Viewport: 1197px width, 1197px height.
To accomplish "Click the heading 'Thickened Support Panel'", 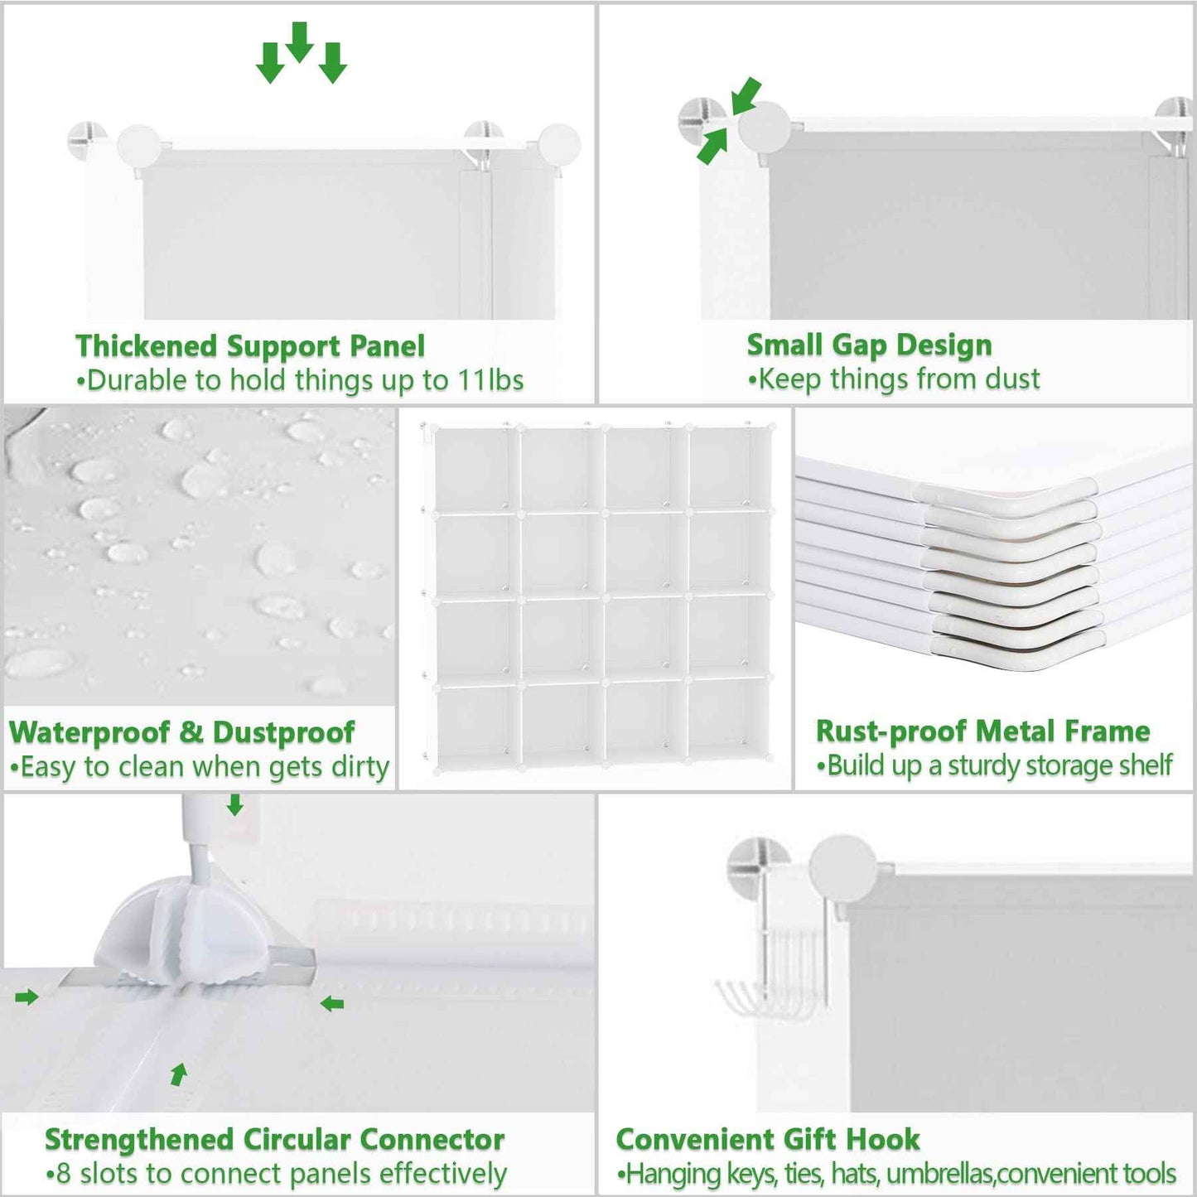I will [249, 345].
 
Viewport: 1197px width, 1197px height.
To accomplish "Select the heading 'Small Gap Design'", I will [869, 345].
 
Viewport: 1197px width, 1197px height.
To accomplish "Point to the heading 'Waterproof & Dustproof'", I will [181, 732].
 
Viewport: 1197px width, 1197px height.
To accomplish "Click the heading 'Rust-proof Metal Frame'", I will [982, 731].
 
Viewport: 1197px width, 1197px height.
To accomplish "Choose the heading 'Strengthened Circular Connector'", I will [274, 1139].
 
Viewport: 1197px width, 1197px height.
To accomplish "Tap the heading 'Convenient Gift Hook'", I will [767, 1139].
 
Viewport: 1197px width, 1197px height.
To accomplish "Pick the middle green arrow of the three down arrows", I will [299, 41].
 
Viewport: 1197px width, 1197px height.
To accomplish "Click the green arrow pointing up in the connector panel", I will [178, 1074].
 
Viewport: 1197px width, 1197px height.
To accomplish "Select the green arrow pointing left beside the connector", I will [332, 1004].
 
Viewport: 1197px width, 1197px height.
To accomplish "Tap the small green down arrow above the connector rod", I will [235, 804].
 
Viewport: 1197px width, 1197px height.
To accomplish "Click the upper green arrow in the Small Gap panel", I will [746, 95].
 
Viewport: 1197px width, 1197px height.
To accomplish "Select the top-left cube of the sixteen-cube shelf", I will [473, 468].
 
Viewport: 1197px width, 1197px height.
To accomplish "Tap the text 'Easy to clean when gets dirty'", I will [204, 767].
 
